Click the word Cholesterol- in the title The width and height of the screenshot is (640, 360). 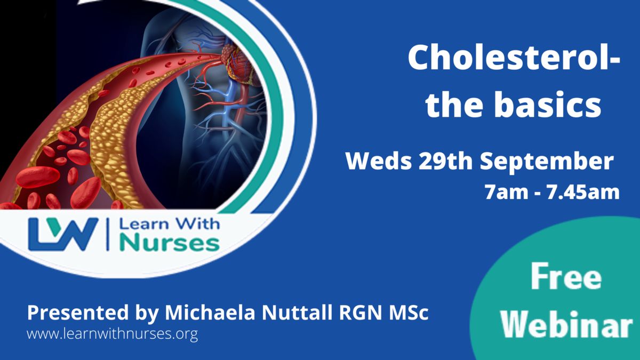(x=514, y=58)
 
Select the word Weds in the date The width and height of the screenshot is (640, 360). (x=379, y=162)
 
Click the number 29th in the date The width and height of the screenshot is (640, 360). (x=445, y=162)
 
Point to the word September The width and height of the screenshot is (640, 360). (x=547, y=163)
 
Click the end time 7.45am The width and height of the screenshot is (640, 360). (x=583, y=193)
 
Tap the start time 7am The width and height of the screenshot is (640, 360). (x=507, y=193)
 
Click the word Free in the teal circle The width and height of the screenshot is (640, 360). (x=566, y=277)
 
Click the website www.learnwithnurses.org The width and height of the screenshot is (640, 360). (x=113, y=334)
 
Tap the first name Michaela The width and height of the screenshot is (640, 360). (x=210, y=313)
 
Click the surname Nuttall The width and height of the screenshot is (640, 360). (x=297, y=313)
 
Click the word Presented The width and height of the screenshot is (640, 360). (x=78, y=313)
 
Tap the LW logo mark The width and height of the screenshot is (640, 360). (x=63, y=234)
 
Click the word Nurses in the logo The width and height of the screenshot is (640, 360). (x=170, y=243)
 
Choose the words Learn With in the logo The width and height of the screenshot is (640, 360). (x=170, y=223)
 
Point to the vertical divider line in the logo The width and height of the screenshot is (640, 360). (x=108, y=234)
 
